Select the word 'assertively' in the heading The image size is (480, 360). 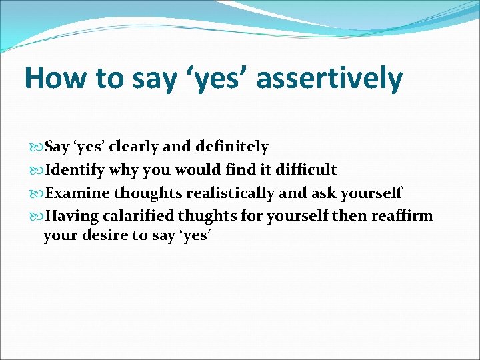pos(329,78)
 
